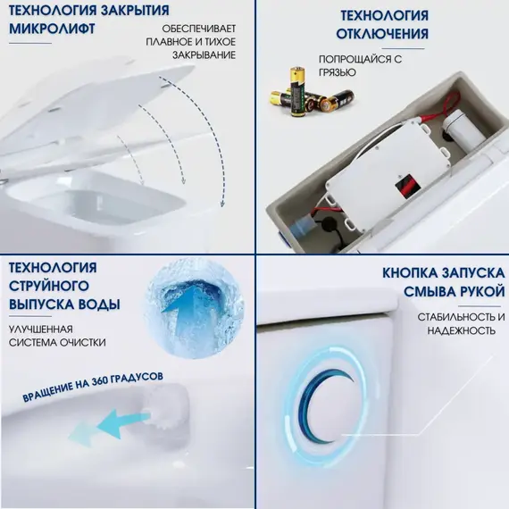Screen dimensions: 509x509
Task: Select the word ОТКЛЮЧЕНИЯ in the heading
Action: [x=384, y=34]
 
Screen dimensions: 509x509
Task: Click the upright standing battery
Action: [x=290, y=90]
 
